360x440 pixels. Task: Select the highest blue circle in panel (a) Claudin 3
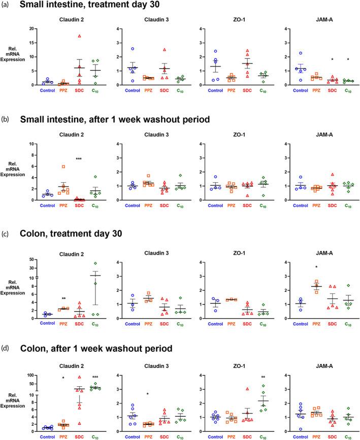133,49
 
